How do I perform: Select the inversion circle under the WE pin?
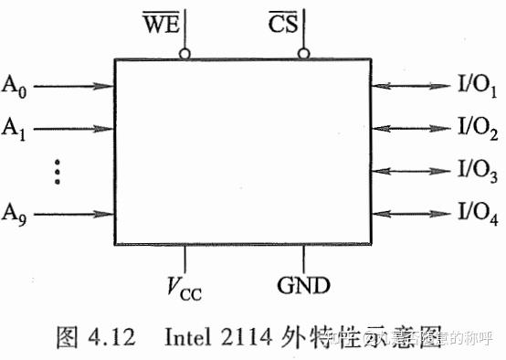pyautogui.click(x=184, y=54)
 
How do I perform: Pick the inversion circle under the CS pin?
pyautogui.click(x=303, y=54)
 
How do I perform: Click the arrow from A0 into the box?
pyautogui.click(x=73, y=88)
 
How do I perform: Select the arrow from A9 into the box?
pyautogui.click(x=73, y=216)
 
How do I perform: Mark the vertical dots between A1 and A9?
pyautogui.click(x=57, y=170)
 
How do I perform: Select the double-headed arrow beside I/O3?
pyautogui.click(x=414, y=170)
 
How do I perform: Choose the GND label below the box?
pyautogui.click(x=301, y=284)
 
